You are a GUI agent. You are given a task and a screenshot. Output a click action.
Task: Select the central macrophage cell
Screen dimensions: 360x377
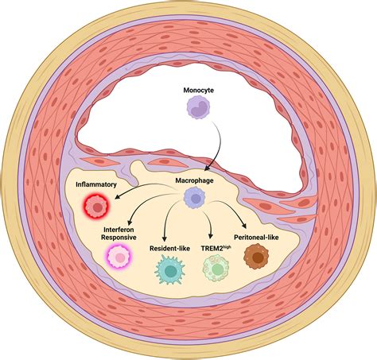(191, 203)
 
